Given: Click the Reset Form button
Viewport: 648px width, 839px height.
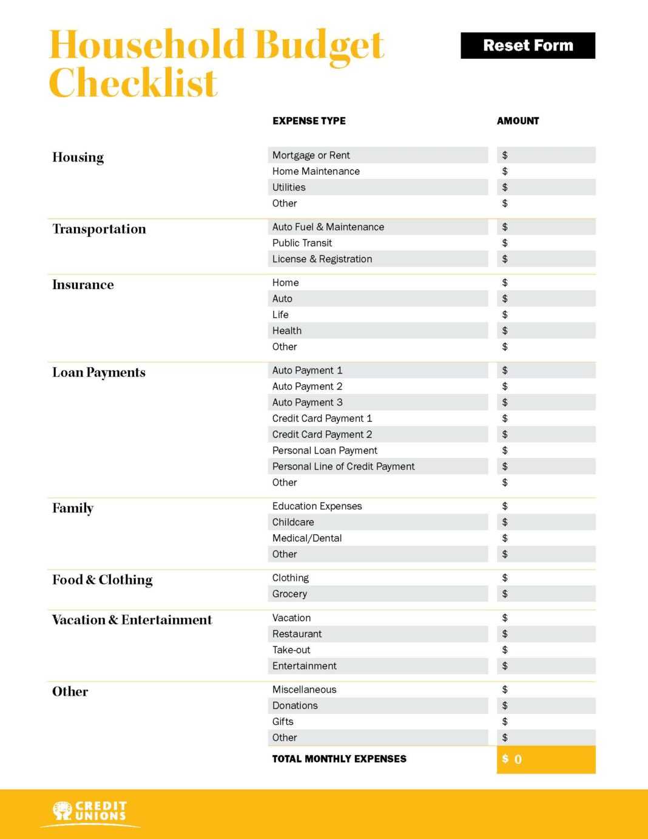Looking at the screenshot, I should click(528, 46).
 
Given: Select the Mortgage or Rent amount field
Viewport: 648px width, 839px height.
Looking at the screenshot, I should click(546, 155).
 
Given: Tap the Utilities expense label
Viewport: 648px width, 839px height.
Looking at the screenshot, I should click(289, 188).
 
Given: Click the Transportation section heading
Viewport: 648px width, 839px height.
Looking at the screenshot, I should click(99, 229).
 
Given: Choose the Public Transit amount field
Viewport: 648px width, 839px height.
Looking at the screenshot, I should click(546, 243).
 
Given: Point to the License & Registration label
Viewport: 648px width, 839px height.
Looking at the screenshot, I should click(322, 259).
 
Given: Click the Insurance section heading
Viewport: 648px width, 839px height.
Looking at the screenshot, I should click(83, 285).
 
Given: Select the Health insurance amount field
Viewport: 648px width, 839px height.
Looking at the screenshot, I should click(546, 331).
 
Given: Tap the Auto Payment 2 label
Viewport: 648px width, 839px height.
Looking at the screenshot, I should click(307, 387).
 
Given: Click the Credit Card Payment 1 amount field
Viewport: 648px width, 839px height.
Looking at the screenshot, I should click(546, 419).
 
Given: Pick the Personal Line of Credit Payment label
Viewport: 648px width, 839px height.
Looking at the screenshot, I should click(343, 467).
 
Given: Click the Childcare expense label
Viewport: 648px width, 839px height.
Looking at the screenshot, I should click(293, 522).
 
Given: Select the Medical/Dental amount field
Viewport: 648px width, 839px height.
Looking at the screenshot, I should click(546, 538).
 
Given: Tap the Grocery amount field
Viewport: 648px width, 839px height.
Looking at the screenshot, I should click(546, 594).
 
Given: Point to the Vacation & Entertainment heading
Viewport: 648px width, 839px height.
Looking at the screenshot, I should click(132, 620).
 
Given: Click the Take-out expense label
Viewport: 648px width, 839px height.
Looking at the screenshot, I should click(291, 650).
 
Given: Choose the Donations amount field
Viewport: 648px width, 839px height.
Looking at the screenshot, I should click(546, 706).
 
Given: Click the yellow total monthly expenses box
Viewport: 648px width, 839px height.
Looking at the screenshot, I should click(546, 759).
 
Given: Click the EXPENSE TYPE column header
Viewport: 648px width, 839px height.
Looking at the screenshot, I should click(309, 121).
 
